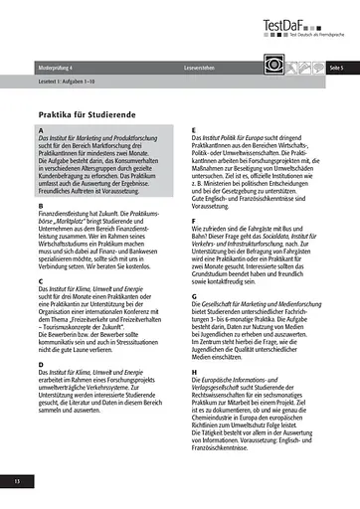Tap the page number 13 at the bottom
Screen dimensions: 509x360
click(x=17, y=482)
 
